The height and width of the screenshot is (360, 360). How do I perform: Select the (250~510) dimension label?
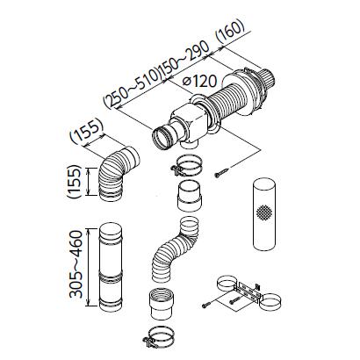[x=133, y=89]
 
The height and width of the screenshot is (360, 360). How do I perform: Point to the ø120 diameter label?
[x=199, y=81]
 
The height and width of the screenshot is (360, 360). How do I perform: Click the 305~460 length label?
[x=76, y=264]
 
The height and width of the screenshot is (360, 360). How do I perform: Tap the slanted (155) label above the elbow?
[x=87, y=133]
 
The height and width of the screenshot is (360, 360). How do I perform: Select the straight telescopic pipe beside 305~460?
[x=111, y=268]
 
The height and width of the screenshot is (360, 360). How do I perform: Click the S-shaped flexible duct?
[x=173, y=250]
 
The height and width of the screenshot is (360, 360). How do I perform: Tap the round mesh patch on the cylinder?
[x=264, y=212]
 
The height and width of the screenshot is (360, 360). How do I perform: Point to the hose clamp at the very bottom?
[x=159, y=338]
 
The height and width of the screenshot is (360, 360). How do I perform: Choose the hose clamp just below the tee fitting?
[x=186, y=166]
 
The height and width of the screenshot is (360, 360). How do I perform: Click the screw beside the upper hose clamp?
[x=221, y=172]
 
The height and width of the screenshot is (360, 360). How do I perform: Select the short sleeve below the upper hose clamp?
[x=190, y=196]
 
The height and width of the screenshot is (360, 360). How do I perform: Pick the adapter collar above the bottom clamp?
[x=162, y=305]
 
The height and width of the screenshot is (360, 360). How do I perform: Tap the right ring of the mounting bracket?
[x=270, y=302]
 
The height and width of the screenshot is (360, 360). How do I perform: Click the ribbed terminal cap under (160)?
[x=266, y=79]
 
